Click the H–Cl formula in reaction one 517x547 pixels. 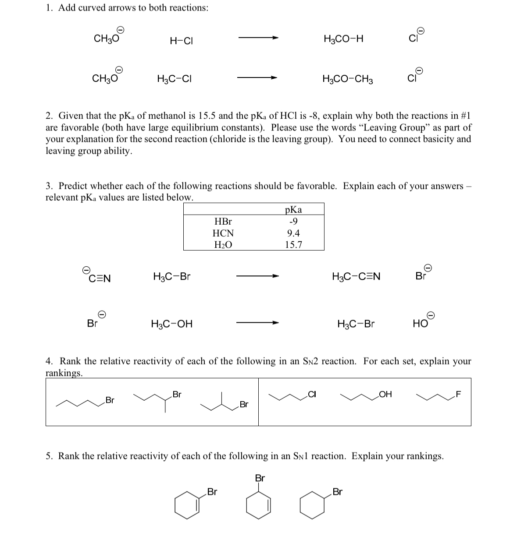pos(182,41)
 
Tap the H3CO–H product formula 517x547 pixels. pos(343,39)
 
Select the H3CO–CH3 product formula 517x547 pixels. pos(347,79)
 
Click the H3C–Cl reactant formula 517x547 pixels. pos(174,79)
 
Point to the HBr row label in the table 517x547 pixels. pos(223,222)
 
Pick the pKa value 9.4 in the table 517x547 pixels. pos(293,233)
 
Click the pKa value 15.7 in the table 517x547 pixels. pos(293,245)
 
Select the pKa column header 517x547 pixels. pos(293,209)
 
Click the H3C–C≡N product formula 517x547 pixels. pos(356,277)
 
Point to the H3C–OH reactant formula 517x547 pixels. pos(171,324)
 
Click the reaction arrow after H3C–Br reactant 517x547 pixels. pos(257,276)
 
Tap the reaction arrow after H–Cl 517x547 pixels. pos(258,38)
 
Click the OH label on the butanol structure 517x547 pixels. pos(385,395)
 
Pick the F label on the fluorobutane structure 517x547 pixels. pos(459,395)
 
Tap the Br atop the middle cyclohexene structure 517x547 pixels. pos(260,478)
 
